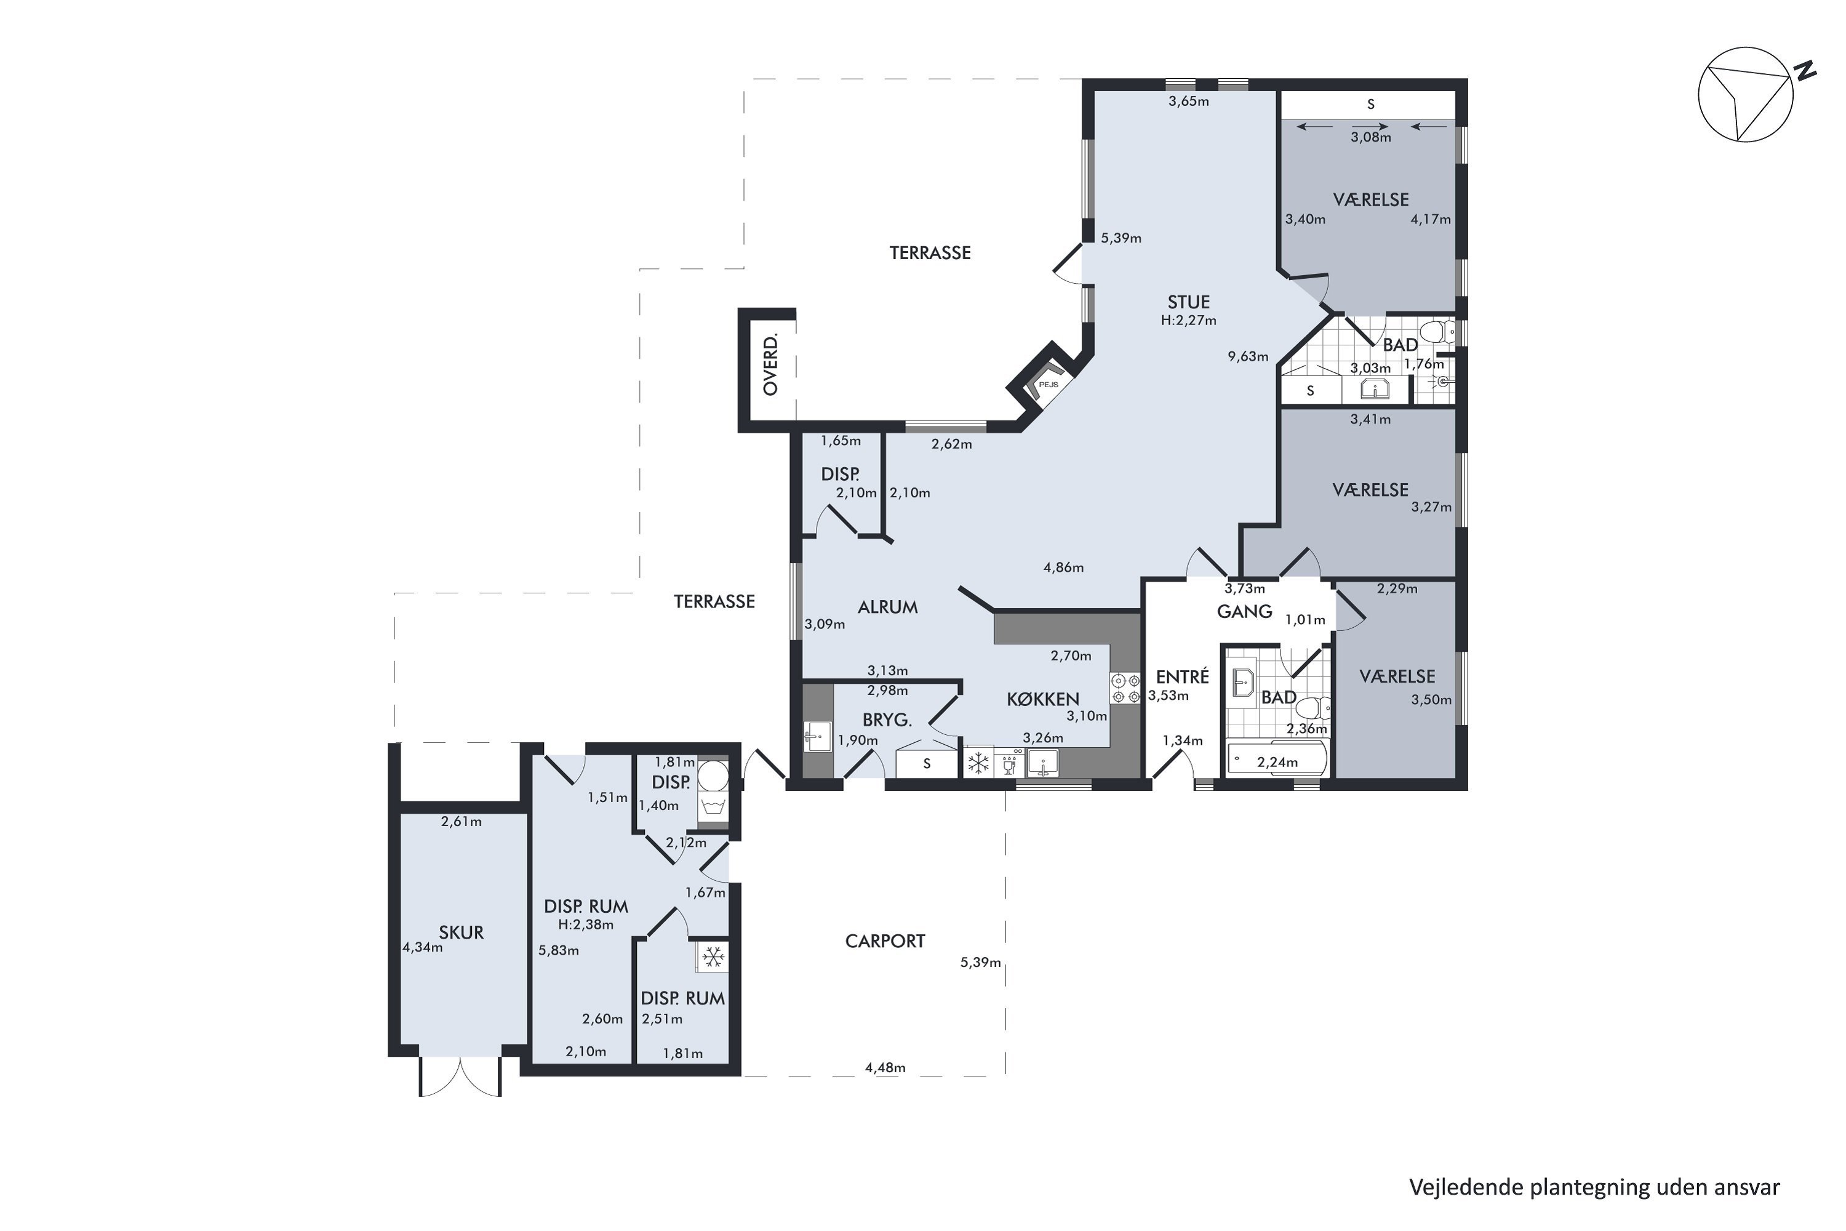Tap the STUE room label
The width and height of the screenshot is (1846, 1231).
[1188, 302]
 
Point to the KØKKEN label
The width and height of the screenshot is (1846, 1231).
[1043, 699]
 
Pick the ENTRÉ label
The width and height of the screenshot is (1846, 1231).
[1182, 676]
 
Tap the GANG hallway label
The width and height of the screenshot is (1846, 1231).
[1245, 611]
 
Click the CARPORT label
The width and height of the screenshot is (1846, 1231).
[885, 941]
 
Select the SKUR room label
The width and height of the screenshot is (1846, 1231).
[461, 932]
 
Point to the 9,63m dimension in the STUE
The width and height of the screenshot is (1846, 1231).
[1248, 356]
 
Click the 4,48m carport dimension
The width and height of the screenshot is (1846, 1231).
[885, 1068]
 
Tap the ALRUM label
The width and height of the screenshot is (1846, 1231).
[888, 607]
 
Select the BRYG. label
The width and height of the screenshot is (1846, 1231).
[887, 720]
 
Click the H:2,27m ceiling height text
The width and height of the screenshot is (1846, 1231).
[1188, 320]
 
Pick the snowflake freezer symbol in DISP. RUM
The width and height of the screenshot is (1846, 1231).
[713, 957]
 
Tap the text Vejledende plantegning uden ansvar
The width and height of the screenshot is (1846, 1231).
[1594, 1187]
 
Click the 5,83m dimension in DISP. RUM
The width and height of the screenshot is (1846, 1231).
[559, 951]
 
